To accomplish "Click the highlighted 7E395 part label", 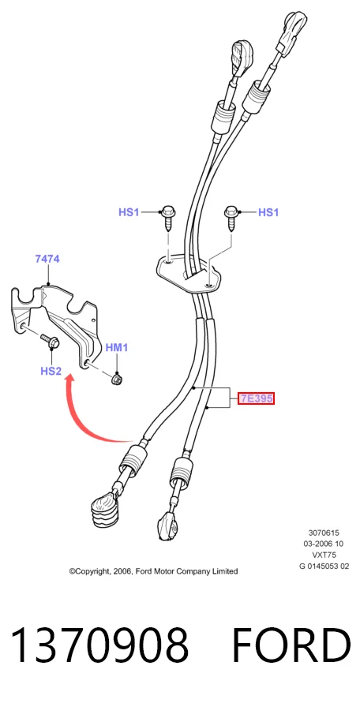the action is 256,398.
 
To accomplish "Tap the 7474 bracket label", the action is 47,259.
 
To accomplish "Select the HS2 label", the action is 51,371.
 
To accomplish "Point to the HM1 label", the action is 117,347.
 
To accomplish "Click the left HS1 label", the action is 129,211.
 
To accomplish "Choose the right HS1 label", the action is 268,211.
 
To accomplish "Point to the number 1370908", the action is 99,645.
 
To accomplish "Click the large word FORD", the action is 291,645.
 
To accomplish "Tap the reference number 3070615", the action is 324,533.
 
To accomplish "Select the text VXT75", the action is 324,555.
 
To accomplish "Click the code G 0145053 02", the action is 324,567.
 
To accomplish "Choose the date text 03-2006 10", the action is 324,544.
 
